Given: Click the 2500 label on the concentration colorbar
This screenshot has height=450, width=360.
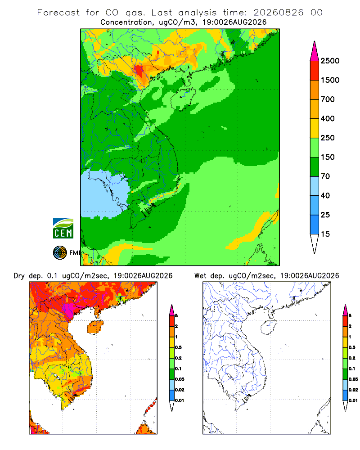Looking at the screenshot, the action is (330, 61).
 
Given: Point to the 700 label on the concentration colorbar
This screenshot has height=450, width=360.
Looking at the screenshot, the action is (328, 99).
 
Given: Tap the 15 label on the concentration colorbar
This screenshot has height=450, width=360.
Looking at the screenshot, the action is (325, 234).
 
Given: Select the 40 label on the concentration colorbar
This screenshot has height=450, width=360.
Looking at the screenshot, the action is (325, 196).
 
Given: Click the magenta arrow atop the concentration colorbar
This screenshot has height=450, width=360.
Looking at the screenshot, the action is (315, 52).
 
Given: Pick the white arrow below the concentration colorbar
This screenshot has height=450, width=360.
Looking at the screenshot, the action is (315, 243).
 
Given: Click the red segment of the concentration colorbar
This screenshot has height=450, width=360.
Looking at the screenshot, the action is (315, 71).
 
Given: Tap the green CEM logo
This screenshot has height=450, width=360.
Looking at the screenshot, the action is (63, 229).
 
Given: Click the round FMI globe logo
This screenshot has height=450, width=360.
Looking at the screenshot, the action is (60, 253).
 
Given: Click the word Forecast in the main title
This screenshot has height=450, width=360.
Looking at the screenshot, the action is (58, 13).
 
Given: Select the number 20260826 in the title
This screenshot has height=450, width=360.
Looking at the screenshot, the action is (278, 13).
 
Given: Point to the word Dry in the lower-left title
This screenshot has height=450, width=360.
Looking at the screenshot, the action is (19, 276).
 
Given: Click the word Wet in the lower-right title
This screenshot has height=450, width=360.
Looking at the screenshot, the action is (200, 276).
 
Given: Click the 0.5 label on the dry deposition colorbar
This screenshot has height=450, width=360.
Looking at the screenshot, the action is (178, 347).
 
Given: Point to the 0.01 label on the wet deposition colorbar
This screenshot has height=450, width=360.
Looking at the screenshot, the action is (353, 400).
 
